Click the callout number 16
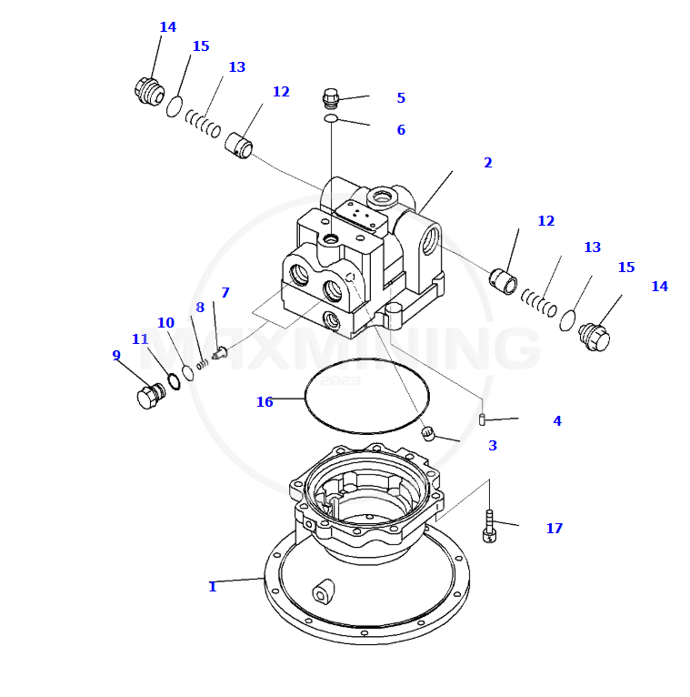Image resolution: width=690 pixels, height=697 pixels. (x=265, y=402)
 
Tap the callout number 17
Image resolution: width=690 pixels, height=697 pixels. (x=555, y=529)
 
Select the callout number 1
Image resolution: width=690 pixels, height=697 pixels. (x=213, y=587)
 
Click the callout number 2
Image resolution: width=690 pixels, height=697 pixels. (x=488, y=163)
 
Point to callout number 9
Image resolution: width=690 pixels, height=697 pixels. (x=116, y=356)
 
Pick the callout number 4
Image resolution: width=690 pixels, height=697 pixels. (x=557, y=421)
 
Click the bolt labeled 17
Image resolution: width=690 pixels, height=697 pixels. (x=489, y=527)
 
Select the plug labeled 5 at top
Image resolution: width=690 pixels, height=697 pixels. (x=331, y=96)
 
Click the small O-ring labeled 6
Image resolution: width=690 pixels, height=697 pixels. (x=332, y=118)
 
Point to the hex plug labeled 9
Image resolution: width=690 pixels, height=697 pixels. (x=149, y=396)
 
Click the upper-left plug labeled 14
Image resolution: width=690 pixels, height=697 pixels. (x=147, y=91)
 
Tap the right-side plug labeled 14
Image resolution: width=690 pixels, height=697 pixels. (x=594, y=337)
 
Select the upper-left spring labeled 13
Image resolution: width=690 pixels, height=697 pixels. (x=203, y=123)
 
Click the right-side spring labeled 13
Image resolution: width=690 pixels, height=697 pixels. (x=539, y=302)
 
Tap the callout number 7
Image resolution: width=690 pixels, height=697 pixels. (x=225, y=293)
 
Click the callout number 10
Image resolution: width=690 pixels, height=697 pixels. (x=165, y=323)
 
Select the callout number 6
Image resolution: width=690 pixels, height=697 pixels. (x=401, y=130)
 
